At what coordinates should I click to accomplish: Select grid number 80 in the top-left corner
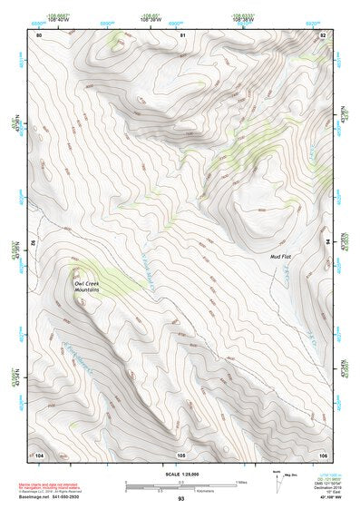pos(39,34)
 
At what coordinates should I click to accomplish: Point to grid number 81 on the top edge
pos(182,34)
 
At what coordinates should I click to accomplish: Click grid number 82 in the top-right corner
pos(323,34)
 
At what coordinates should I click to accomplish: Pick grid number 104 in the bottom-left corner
pos(39,454)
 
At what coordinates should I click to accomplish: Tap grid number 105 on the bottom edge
pos(180,454)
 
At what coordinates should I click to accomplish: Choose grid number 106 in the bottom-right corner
pos(323,454)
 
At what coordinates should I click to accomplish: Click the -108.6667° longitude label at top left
pos(57,16)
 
